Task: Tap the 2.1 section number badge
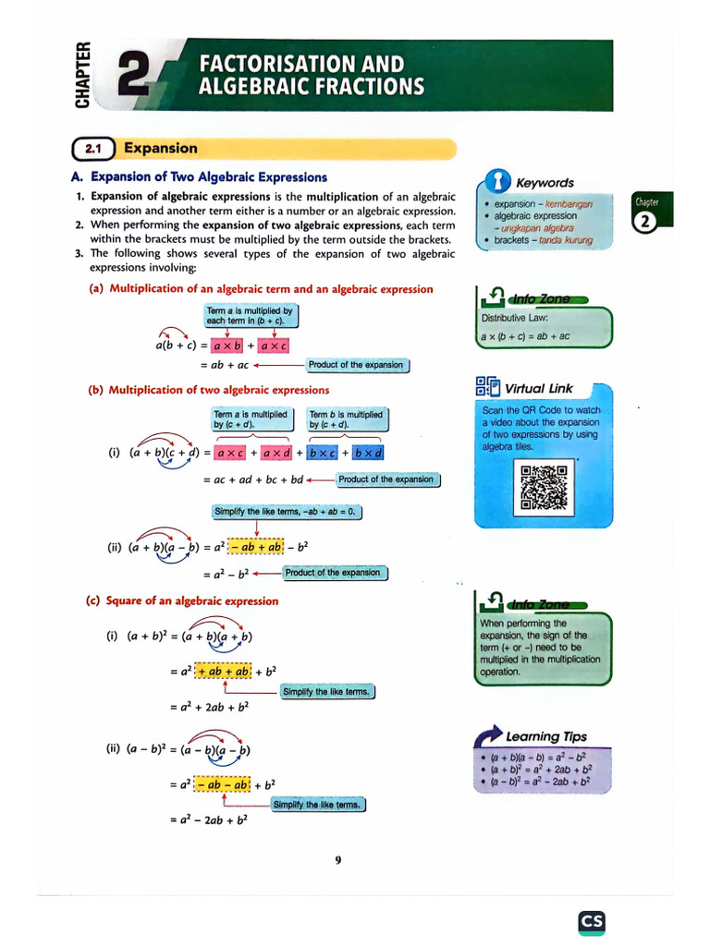[x=92, y=149]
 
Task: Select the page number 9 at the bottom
[x=338, y=860]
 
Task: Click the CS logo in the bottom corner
[x=592, y=921]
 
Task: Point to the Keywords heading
[x=545, y=183]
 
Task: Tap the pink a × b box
[x=226, y=346]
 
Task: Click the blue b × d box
[x=368, y=454]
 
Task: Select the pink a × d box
[x=277, y=454]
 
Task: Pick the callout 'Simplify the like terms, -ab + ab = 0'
[x=287, y=512]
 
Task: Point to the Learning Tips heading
[x=545, y=736]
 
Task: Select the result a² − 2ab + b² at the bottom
[x=209, y=819]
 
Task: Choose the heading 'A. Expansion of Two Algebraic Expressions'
[x=199, y=177]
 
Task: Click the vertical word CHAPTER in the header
[x=84, y=74]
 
